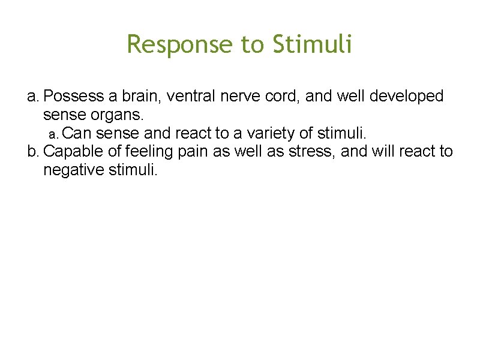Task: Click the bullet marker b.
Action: [x=34, y=151]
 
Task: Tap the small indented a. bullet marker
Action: [x=53, y=133]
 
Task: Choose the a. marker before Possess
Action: [x=34, y=96]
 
